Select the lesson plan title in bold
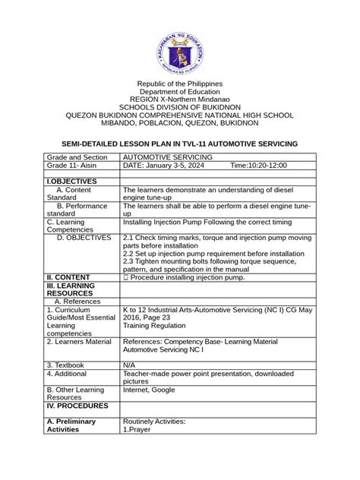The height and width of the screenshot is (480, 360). [179, 144]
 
